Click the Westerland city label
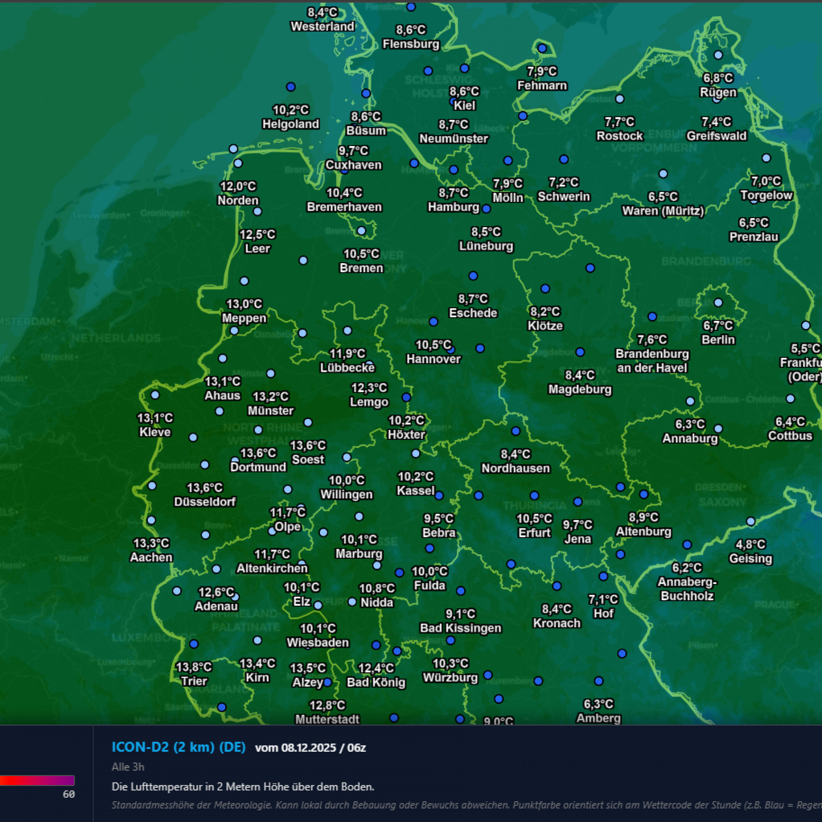point(322,26)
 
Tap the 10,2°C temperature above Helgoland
point(291,110)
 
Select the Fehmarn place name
point(542,86)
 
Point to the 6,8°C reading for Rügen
point(718,78)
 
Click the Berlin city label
point(718,340)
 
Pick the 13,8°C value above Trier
point(194,667)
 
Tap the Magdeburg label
point(580,389)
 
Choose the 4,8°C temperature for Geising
point(750,544)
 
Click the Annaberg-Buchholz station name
point(687,588)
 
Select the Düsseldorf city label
point(205,501)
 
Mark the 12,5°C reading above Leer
point(257,234)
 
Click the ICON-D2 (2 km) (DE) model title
point(178,747)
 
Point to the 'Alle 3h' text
point(128,767)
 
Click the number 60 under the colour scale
point(69,794)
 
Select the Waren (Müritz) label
point(663,211)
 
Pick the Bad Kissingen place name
point(461,628)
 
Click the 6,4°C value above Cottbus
point(790,422)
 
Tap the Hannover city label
point(433,359)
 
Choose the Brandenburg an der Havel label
point(652,360)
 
